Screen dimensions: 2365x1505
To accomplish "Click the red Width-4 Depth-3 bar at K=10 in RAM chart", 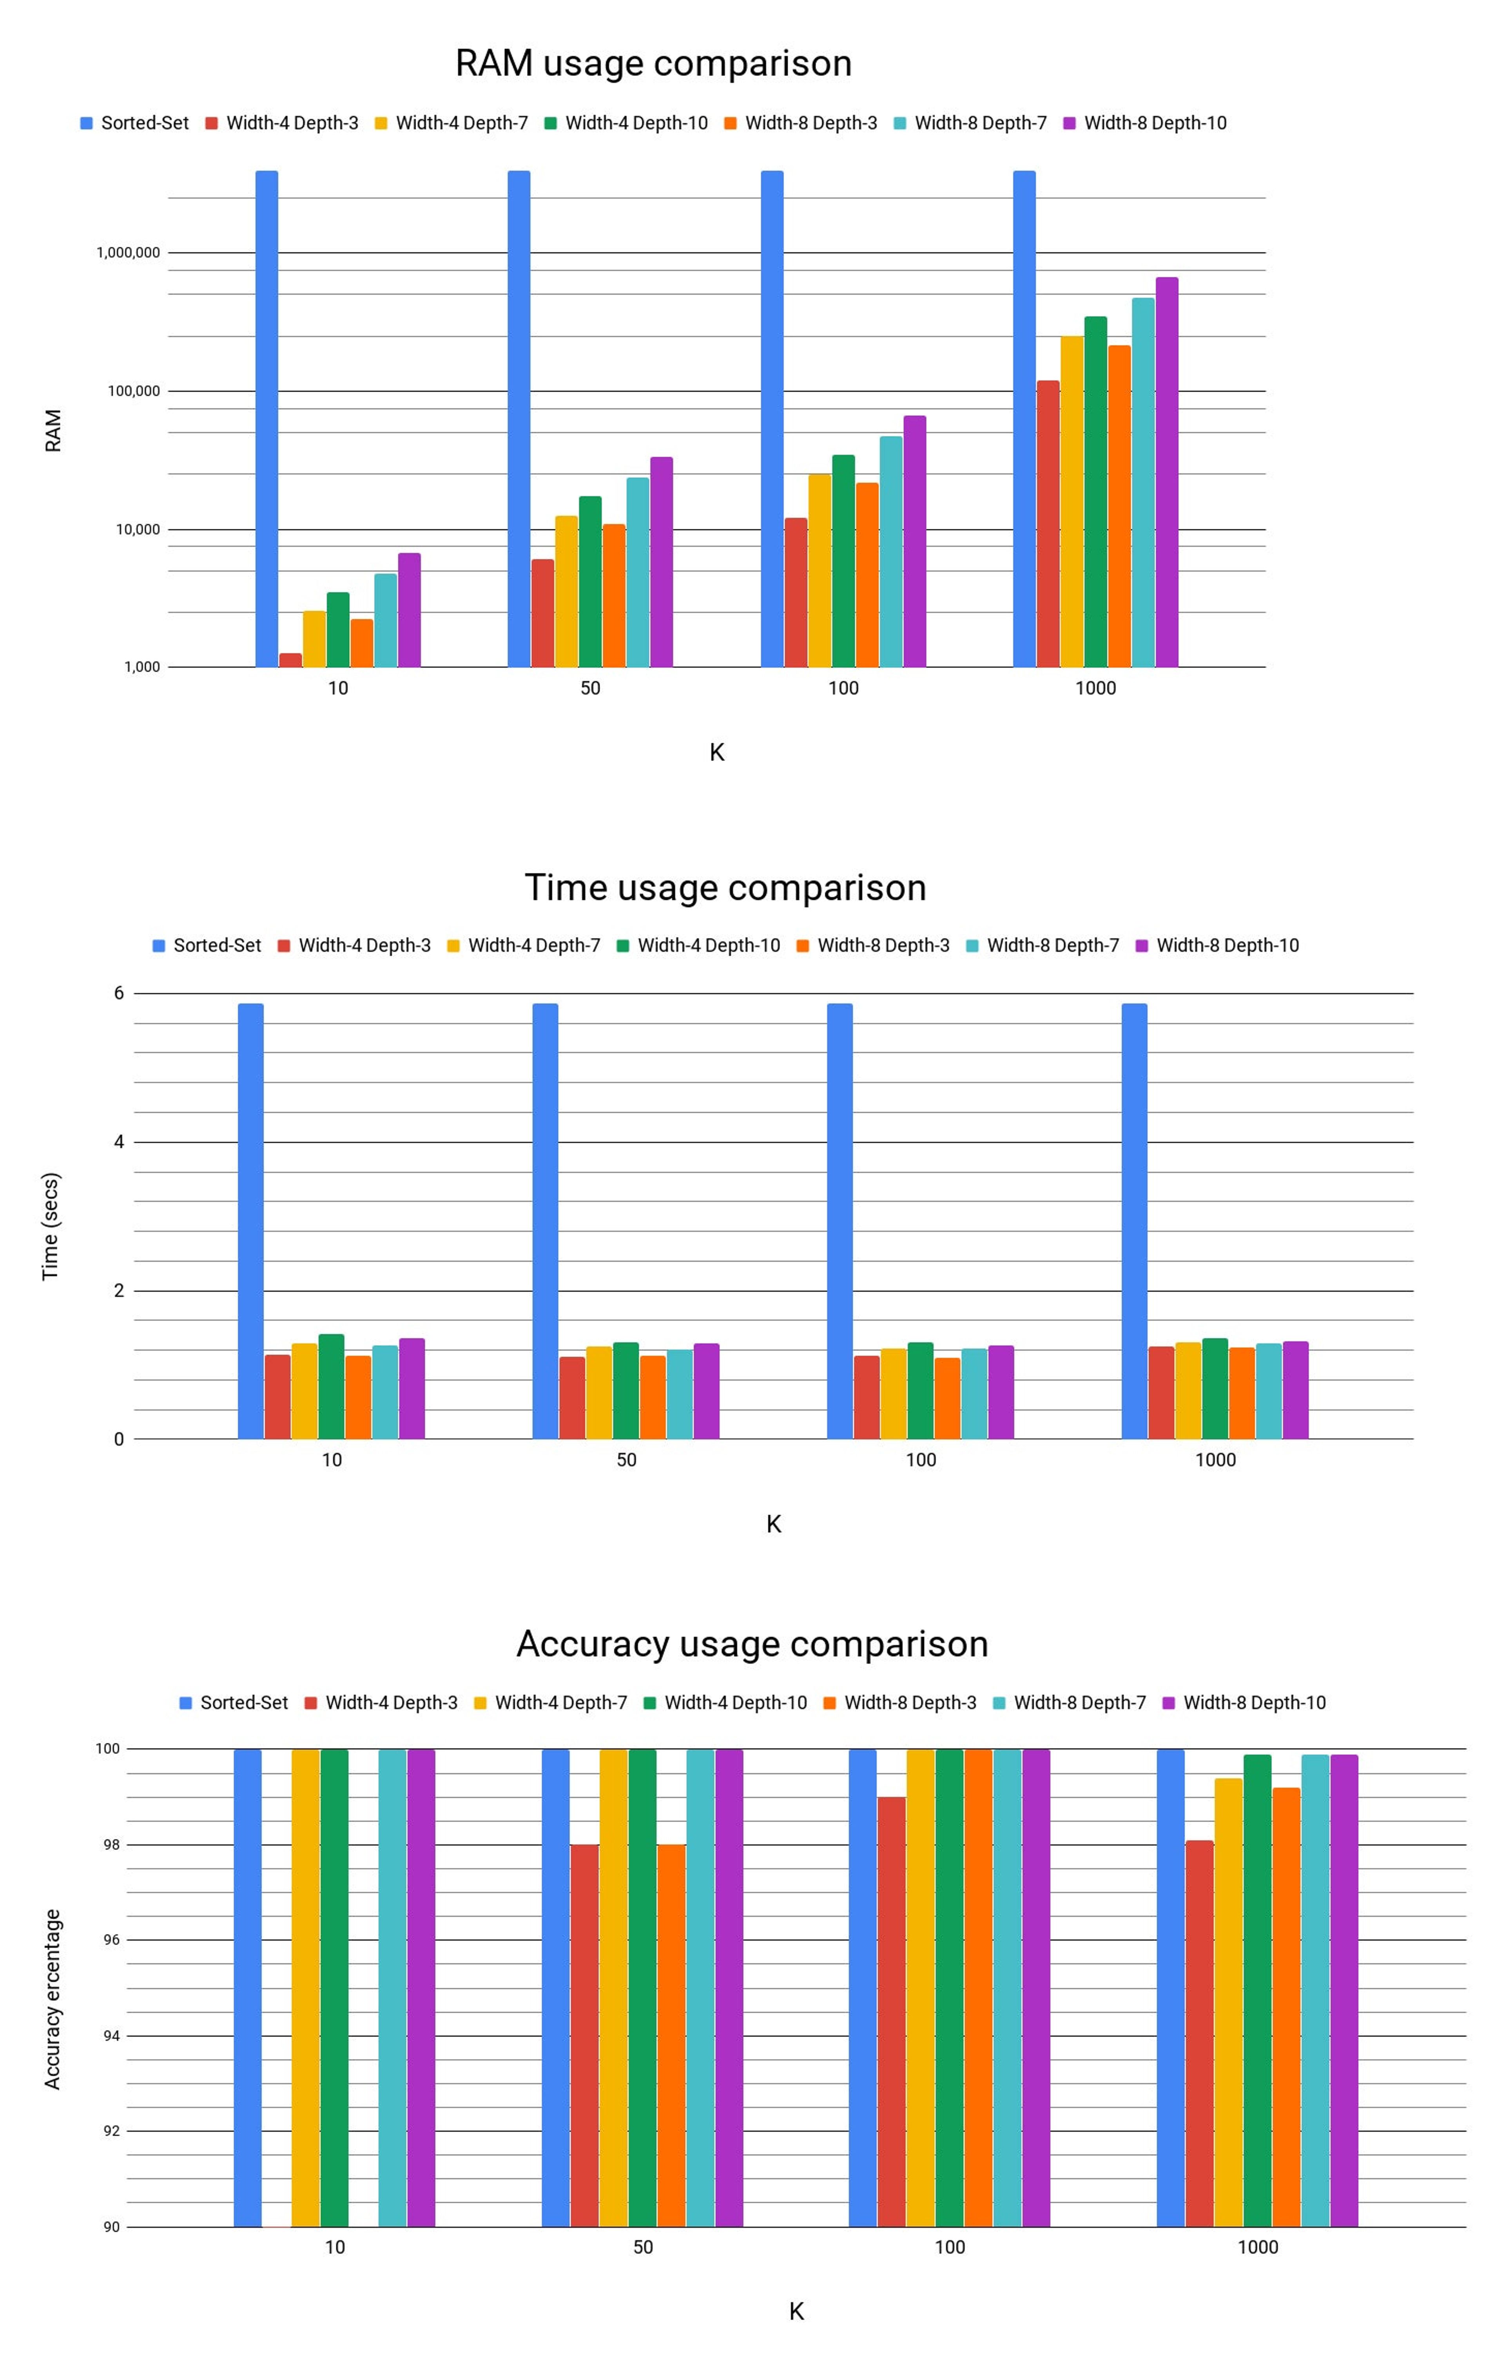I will click(x=291, y=660).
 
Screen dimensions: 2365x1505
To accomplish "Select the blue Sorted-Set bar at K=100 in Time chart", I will click(x=840, y=1221).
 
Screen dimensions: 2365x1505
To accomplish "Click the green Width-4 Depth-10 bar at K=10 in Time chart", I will click(x=331, y=1387).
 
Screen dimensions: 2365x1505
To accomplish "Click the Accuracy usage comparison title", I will click(x=752, y=1644).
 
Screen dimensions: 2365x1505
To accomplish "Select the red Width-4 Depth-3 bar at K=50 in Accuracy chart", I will click(x=584, y=2035).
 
